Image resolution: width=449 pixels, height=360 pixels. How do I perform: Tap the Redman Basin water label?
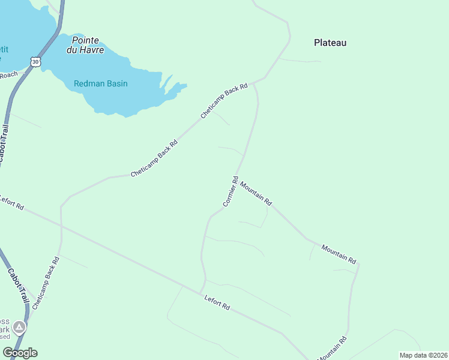coord(101,83)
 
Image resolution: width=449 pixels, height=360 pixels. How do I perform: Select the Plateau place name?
coord(330,43)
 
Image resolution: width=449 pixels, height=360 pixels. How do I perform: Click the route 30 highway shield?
coord(36,62)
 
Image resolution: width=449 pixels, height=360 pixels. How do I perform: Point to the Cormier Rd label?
coord(231,191)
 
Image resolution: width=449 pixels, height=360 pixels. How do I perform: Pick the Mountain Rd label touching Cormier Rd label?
coord(256,194)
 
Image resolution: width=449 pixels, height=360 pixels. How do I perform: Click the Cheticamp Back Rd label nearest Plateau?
coord(224,100)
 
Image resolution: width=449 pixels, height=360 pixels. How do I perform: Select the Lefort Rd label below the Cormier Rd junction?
coord(217,302)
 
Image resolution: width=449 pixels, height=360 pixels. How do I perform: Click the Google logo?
coord(20,353)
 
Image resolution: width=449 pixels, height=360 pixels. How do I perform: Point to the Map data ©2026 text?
coord(423,355)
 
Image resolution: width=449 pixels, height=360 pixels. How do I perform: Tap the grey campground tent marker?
coord(20,327)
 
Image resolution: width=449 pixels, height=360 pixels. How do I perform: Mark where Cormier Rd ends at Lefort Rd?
coord(202,293)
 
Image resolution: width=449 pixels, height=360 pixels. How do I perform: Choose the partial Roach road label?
coord(8,74)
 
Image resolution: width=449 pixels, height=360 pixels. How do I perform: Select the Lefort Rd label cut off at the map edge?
coord(11,203)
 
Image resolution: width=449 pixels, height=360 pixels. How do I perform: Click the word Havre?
coord(94,50)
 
